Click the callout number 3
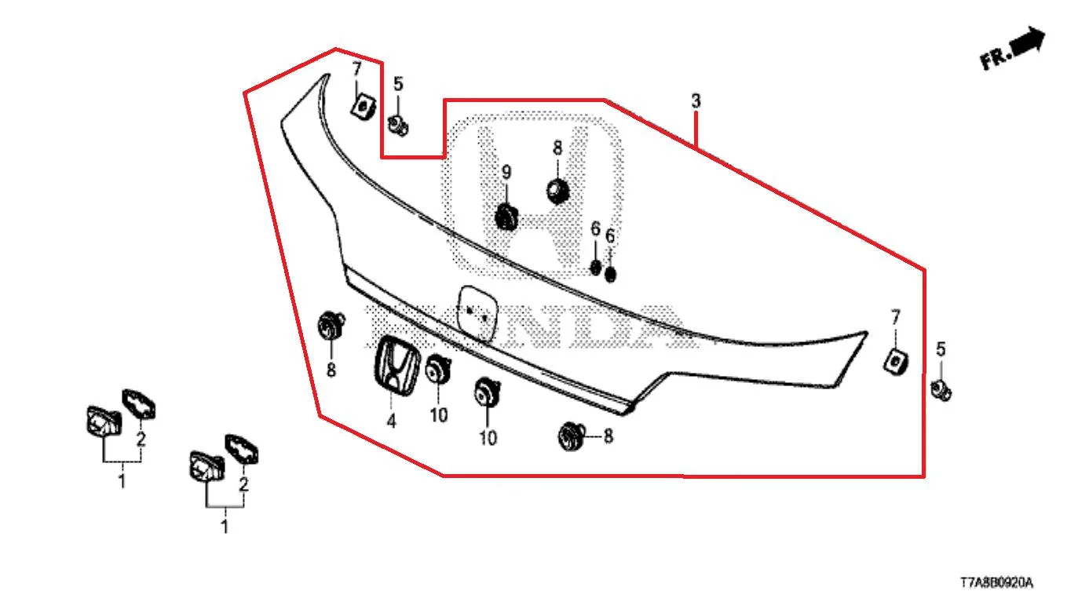pos(696,101)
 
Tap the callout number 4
pos(391,421)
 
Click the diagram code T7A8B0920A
pos(996,582)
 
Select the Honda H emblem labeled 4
pos(396,366)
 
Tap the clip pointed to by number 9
pos(506,217)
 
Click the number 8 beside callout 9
pos(557,148)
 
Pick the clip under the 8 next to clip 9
pos(557,191)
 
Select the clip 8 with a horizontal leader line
pos(572,436)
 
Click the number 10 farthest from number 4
pos(488,438)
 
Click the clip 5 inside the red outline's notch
pos(398,125)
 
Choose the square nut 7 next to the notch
pos(363,107)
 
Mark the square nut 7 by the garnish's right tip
pos(896,362)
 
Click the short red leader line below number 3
pos(696,129)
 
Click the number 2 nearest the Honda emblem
pos(243,484)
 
